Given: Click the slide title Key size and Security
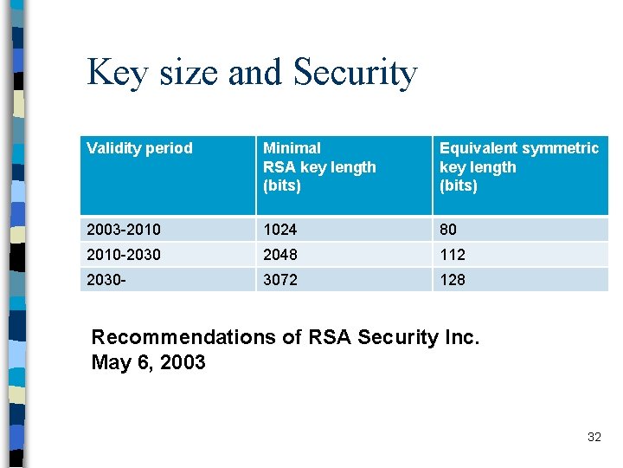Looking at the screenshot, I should pyautogui.click(x=252, y=73).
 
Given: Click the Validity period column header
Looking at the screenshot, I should pyautogui.click(x=139, y=148).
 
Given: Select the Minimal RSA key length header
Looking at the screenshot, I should pyautogui.click(x=319, y=166).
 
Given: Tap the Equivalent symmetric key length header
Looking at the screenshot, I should pyautogui.click(x=518, y=166).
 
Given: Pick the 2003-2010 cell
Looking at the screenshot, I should pyautogui.click(x=123, y=230).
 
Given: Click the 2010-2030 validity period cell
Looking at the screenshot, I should pyautogui.click(x=123, y=255).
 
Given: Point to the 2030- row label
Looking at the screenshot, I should pyautogui.click(x=106, y=279).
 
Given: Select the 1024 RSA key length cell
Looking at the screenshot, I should pyautogui.click(x=279, y=230).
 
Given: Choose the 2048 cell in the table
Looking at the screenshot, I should pyautogui.click(x=279, y=255).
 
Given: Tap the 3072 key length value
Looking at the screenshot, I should pyautogui.click(x=279, y=279).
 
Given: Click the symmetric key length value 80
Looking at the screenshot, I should pyautogui.click(x=448, y=230).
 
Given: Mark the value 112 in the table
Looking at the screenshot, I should pyautogui.click(x=452, y=255).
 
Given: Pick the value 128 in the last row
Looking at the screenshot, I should pyautogui.click(x=452, y=279).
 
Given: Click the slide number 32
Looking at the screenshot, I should pyautogui.click(x=594, y=437).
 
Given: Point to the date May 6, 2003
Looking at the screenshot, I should pyautogui.click(x=148, y=362).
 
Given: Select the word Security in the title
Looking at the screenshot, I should pyautogui.click(x=355, y=73).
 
